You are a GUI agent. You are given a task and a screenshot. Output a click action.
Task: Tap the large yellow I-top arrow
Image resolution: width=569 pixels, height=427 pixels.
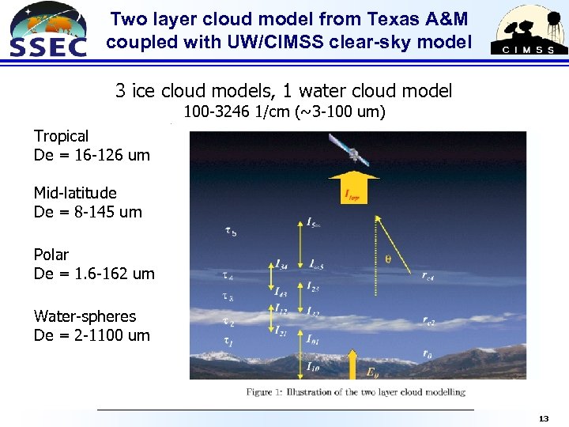pyautogui.click(x=352, y=187)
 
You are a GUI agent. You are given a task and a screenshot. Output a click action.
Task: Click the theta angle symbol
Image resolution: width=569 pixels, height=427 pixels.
pyautogui.click(x=387, y=257)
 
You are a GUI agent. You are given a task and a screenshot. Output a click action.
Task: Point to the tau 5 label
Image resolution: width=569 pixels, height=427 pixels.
pyautogui.click(x=230, y=231)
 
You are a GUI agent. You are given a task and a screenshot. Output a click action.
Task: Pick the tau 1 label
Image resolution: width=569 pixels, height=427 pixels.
pyautogui.click(x=228, y=342)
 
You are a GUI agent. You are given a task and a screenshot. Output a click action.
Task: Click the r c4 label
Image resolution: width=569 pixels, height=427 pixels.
pyautogui.click(x=428, y=276)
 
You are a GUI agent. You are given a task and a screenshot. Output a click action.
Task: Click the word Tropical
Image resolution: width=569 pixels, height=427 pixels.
pyautogui.click(x=61, y=136)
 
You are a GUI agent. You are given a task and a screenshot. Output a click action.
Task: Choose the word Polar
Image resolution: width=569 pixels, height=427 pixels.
pyautogui.click(x=51, y=255)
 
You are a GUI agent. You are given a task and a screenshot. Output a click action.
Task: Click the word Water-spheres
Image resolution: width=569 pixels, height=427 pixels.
pyautogui.click(x=85, y=316)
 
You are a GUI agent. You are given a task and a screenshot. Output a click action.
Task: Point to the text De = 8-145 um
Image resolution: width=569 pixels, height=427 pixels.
pyautogui.click(x=88, y=212)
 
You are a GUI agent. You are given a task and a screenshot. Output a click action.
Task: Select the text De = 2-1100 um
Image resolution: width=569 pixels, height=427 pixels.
pyautogui.click(x=92, y=335)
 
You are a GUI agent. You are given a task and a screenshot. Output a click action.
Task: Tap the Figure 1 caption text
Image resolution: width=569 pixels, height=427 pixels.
pyautogui.click(x=355, y=391)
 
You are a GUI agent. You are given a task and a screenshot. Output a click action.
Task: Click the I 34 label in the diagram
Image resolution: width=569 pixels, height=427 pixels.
pyautogui.click(x=282, y=264)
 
